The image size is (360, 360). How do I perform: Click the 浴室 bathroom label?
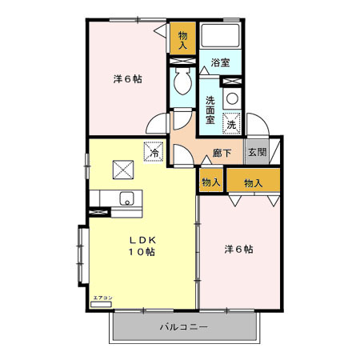pyautogui.click(x=220, y=62)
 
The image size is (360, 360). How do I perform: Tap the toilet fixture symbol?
pyautogui.click(x=182, y=82)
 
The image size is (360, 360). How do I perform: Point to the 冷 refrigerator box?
pyautogui.click(x=154, y=150)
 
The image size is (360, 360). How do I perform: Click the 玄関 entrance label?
pyautogui.click(x=256, y=152)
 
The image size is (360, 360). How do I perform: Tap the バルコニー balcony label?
pyautogui.click(x=184, y=327)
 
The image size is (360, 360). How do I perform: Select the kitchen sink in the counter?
pyautogui.click(x=126, y=198)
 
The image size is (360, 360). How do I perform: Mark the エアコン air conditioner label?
pyautogui.click(x=102, y=298)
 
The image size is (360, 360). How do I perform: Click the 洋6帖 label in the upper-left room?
pyautogui.click(x=127, y=79)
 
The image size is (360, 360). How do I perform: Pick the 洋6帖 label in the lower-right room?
pyautogui.click(x=238, y=249)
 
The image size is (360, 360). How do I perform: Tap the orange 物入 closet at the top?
pyautogui.click(x=183, y=40)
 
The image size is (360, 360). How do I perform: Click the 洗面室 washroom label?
pyautogui.click(x=210, y=110)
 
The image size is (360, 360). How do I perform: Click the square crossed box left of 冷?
pyautogui.click(x=123, y=169)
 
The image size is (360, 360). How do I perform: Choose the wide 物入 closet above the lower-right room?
pyautogui.click(x=253, y=183)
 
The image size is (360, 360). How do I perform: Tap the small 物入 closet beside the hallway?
pyautogui.click(x=211, y=183)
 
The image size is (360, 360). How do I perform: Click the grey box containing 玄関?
pyautogui.click(x=256, y=152)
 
